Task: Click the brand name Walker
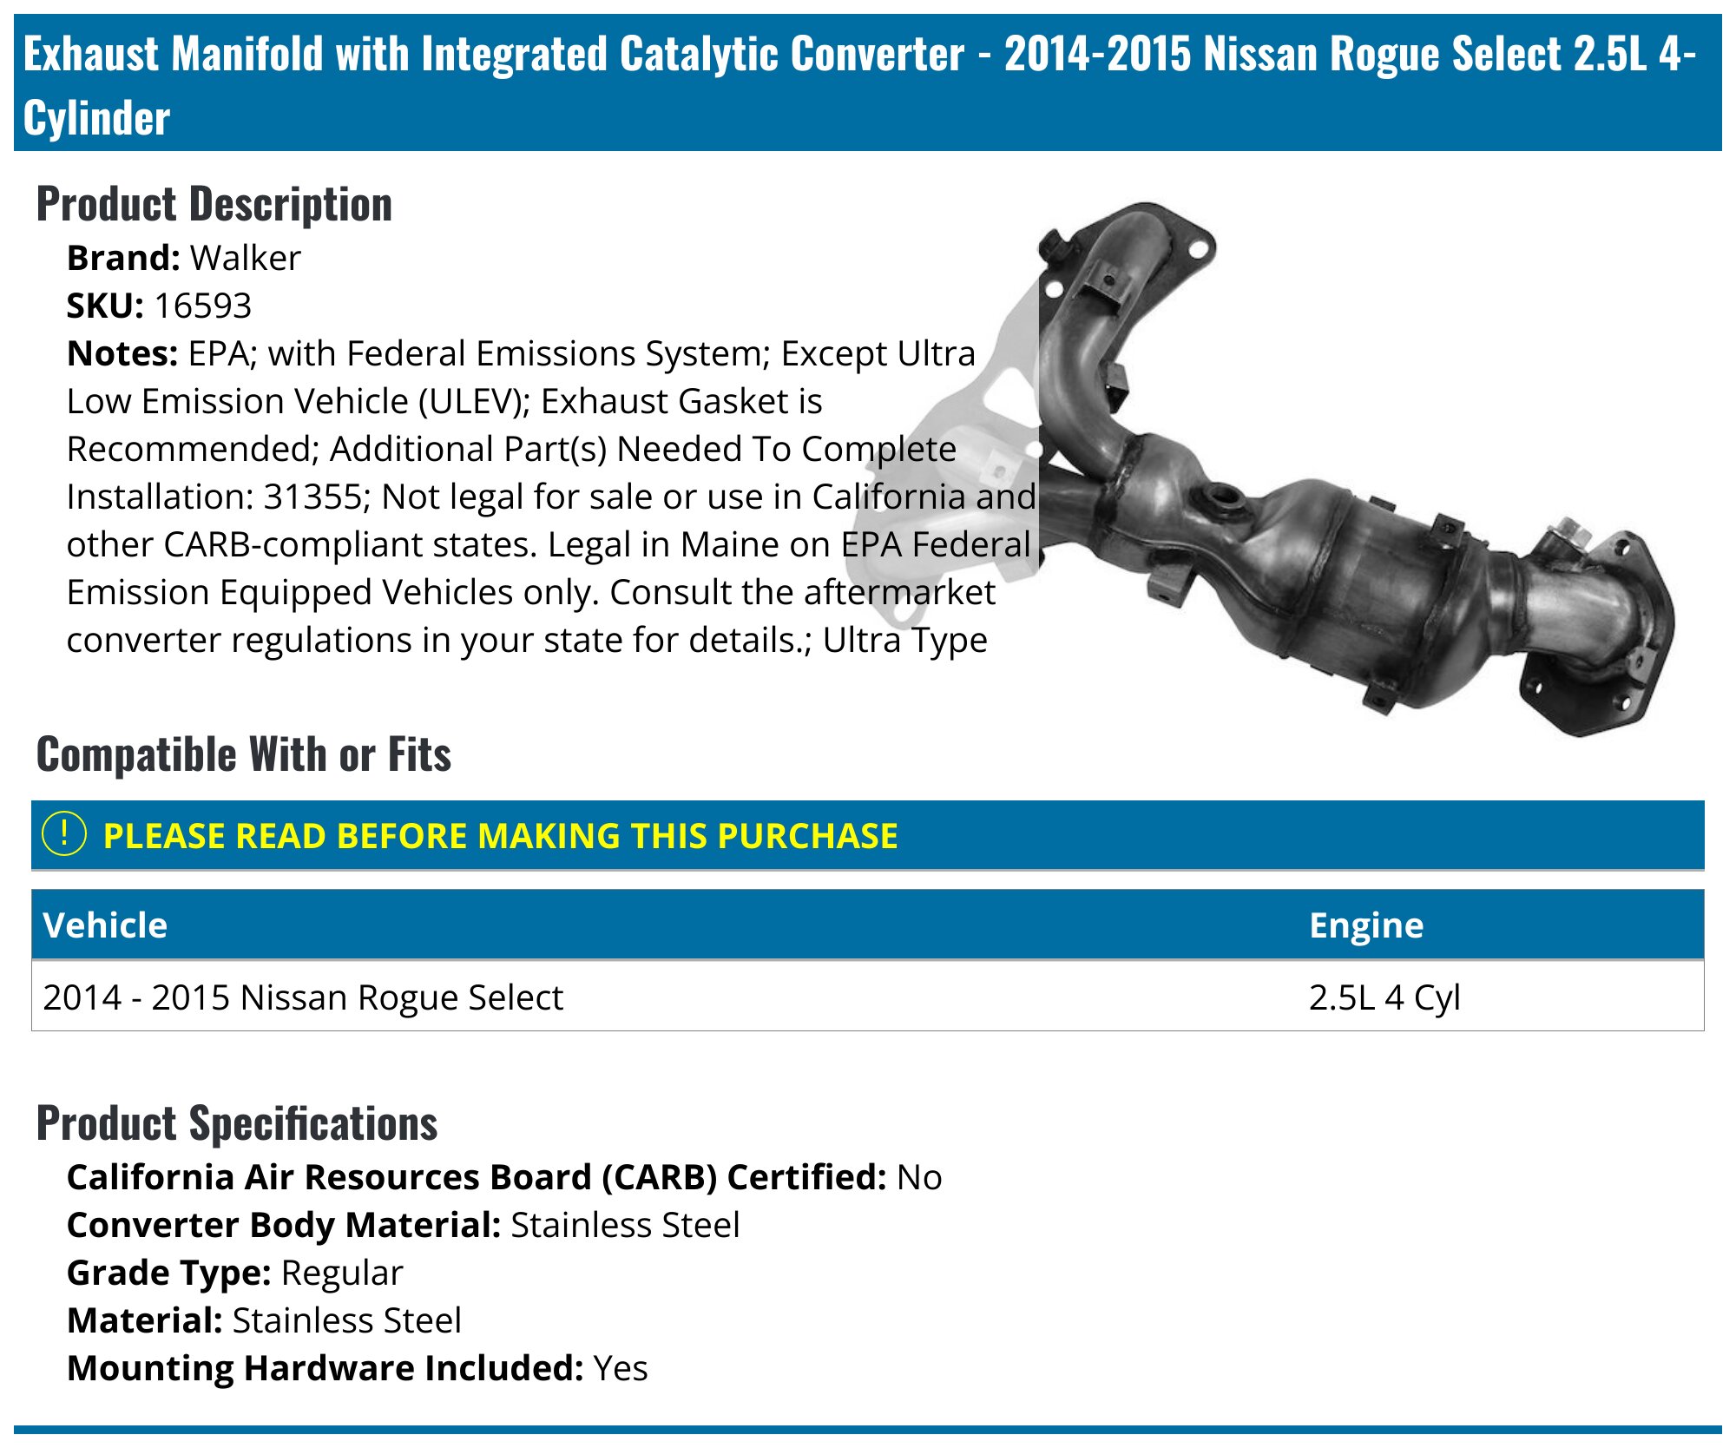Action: [x=245, y=258]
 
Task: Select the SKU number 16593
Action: [x=202, y=306]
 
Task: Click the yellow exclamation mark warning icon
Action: [x=64, y=834]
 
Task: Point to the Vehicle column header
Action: [x=105, y=925]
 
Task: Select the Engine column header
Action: [x=1365, y=925]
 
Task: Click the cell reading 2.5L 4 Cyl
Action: [x=1384, y=997]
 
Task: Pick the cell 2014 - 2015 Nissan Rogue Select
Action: [x=303, y=997]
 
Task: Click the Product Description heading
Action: [x=214, y=205]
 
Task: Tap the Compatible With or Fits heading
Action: [x=244, y=754]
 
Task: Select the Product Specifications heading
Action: [x=237, y=1122]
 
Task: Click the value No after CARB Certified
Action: [x=919, y=1177]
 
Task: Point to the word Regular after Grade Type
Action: [x=342, y=1273]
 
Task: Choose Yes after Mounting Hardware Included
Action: [x=621, y=1368]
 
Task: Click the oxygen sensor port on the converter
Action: [x=1223, y=497]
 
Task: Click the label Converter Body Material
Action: [x=284, y=1225]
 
